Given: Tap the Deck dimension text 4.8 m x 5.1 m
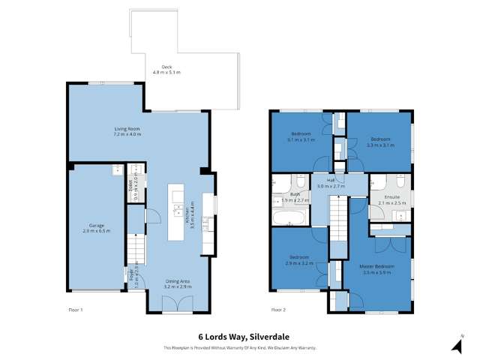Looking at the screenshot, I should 166,72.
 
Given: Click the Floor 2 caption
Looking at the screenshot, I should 279,308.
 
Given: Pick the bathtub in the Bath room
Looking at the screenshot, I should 288,218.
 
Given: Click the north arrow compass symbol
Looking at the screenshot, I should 455,344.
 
